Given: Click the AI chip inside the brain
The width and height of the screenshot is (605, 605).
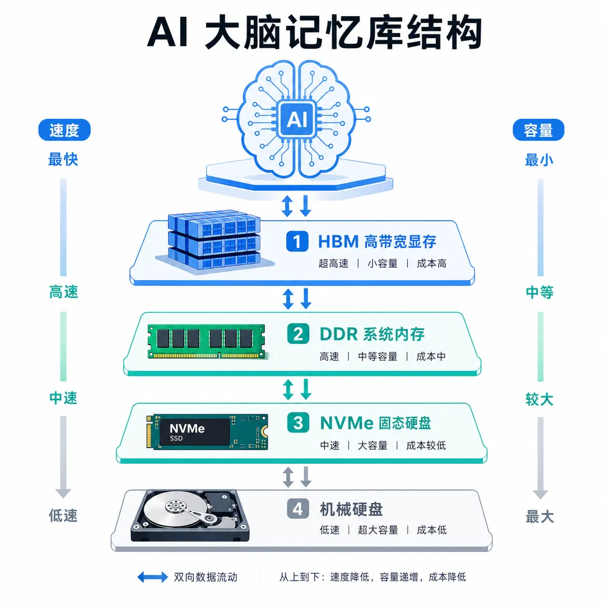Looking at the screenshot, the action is (x=297, y=119).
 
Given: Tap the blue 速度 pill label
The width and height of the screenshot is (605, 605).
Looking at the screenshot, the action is (x=64, y=130).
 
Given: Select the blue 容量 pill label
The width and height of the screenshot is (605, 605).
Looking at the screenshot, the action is (x=538, y=130).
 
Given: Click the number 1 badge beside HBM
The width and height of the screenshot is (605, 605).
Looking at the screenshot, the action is (x=297, y=241).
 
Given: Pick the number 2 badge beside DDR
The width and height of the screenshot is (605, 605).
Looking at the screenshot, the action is (x=298, y=334).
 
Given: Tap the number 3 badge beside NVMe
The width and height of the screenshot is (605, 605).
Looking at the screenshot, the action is (x=298, y=423).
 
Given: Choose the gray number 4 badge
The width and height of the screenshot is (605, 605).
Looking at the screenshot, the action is (x=298, y=509).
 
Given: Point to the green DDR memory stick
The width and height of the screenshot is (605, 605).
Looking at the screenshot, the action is (x=206, y=342).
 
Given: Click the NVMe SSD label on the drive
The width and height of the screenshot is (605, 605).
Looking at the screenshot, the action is (x=187, y=432).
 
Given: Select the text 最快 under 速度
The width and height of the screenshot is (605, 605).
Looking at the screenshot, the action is (x=63, y=159).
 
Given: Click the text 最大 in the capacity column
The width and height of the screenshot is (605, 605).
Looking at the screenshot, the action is (x=539, y=516).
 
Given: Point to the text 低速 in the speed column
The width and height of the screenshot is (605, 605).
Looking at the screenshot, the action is (x=63, y=515).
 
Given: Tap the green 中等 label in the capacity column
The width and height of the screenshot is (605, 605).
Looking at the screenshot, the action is (x=539, y=292).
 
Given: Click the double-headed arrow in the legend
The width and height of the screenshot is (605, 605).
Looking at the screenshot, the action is (x=153, y=577).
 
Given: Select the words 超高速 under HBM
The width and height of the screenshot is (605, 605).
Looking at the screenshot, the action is (x=333, y=263).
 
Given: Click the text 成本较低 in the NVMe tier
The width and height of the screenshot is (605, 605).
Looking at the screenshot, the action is (x=426, y=446).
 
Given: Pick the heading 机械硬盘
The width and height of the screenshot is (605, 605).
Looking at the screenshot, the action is (x=351, y=509).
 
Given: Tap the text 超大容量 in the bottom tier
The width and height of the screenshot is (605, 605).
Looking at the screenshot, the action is (x=378, y=530).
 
